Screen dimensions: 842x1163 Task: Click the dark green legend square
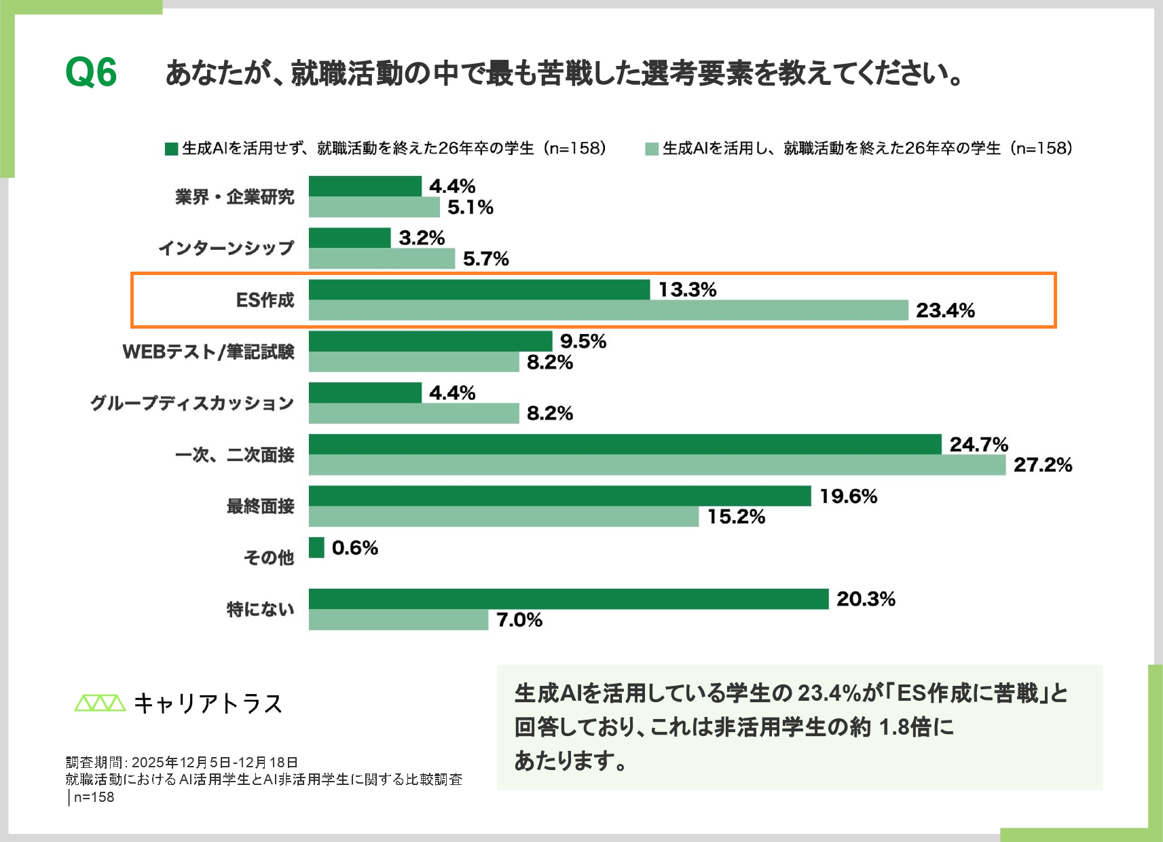click(x=171, y=149)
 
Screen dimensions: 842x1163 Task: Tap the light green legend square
click(x=652, y=149)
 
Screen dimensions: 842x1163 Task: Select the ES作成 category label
click(x=265, y=300)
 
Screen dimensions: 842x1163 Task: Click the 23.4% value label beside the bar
click(x=945, y=311)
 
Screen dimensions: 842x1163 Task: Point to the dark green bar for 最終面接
click(x=559, y=496)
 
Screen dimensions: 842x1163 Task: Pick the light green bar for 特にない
click(x=398, y=619)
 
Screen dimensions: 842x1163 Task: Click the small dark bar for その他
click(x=316, y=547)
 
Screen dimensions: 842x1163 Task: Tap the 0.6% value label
click(x=354, y=548)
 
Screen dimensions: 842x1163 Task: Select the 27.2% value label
click(x=1042, y=465)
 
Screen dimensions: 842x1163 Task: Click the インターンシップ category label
click(x=226, y=249)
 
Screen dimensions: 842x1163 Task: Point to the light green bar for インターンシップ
click(x=382, y=259)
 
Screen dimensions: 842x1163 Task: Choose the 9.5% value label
click(x=583, y=342)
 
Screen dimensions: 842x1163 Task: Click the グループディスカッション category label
click(x=192, y=403)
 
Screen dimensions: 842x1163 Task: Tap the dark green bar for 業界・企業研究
click(x=365, y=186)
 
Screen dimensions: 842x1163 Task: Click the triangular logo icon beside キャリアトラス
click(x=100, y=703)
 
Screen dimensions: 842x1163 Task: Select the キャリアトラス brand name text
click(x=208, y=703)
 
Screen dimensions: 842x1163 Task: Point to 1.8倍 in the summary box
click(x=904, y=727)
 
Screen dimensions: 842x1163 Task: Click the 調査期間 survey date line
click(x=182, y=763)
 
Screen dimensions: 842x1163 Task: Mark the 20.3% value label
click(x=866, y=599)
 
